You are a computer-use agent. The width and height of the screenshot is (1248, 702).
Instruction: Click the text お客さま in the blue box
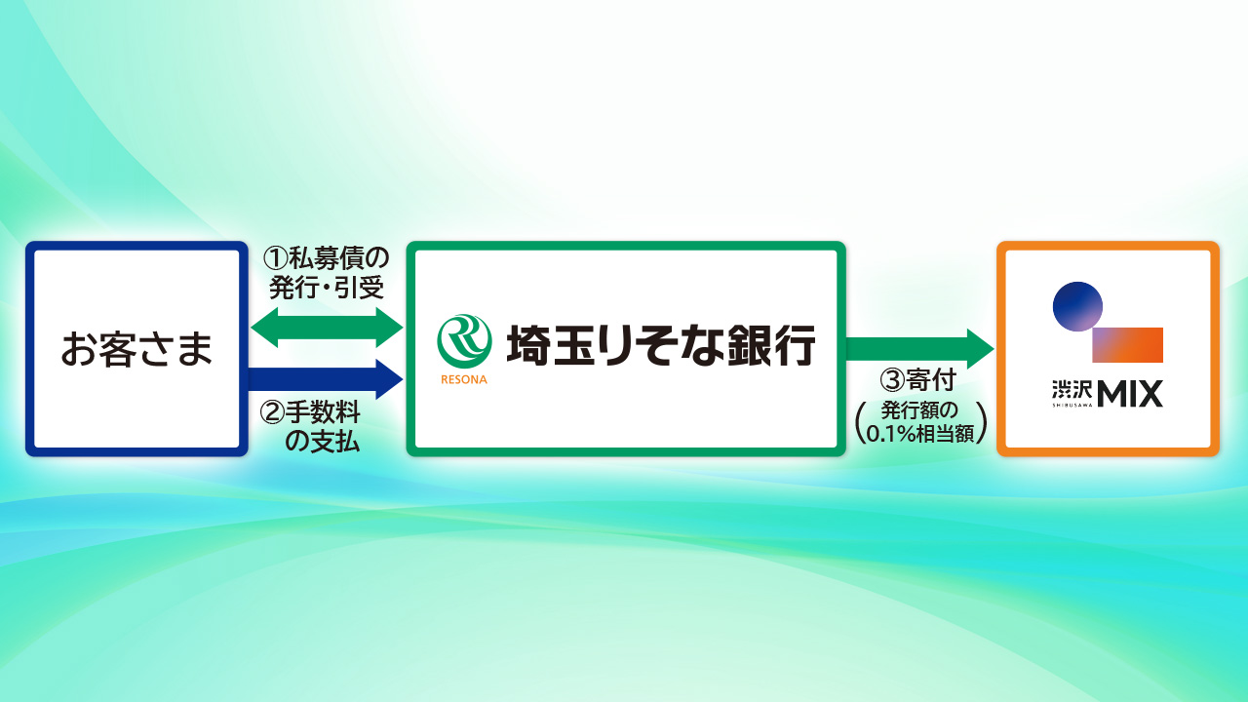(136, 349)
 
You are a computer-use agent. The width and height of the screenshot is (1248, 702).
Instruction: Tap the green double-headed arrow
(327, 327)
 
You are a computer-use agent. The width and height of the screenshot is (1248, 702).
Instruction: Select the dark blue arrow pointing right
(326, 379)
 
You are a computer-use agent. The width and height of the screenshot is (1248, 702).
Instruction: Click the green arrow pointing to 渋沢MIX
(919, 349)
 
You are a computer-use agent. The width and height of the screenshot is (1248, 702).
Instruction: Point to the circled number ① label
(275, 258)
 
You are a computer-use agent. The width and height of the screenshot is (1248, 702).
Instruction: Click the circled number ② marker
(272, 412)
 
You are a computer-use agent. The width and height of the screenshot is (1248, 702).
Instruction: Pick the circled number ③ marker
(892, 380)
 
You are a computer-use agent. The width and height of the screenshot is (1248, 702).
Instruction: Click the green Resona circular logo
(464, 341)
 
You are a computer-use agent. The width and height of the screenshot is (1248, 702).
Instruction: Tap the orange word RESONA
(463, 379)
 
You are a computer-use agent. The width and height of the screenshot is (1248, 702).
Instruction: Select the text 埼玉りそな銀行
(661, 345)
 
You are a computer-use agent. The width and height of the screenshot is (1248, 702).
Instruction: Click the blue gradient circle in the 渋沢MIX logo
(1077, 306)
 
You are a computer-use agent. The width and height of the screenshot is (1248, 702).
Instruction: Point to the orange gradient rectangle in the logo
(1127, 345)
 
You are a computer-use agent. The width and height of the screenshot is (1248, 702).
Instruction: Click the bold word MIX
(1130, 393)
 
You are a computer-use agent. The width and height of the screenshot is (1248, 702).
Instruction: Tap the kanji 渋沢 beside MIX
(1072, 390)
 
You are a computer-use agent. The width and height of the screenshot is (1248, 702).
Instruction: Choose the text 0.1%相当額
(920, 434)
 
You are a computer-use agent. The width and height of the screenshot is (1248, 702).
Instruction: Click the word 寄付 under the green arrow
(931, 380)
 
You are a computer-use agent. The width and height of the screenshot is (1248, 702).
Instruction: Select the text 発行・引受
(327, 288)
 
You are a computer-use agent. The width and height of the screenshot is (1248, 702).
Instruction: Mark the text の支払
(322, 442)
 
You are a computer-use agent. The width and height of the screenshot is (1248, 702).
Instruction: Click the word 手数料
(323, 412)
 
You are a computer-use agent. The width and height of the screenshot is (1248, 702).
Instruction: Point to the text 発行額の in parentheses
(919, 410)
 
